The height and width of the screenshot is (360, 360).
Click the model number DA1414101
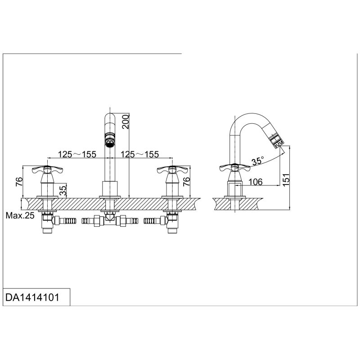(31, 298)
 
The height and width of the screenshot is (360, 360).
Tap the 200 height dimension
(126, 122)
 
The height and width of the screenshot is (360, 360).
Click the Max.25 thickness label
(20, 216)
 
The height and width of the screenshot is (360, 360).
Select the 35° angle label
(258, 161)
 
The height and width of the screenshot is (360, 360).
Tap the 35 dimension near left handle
(63, 190)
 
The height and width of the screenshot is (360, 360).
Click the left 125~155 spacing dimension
(77, 154)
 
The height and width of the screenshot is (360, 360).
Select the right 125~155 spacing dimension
(140, 154)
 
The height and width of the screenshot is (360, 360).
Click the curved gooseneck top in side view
(247, 117)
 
